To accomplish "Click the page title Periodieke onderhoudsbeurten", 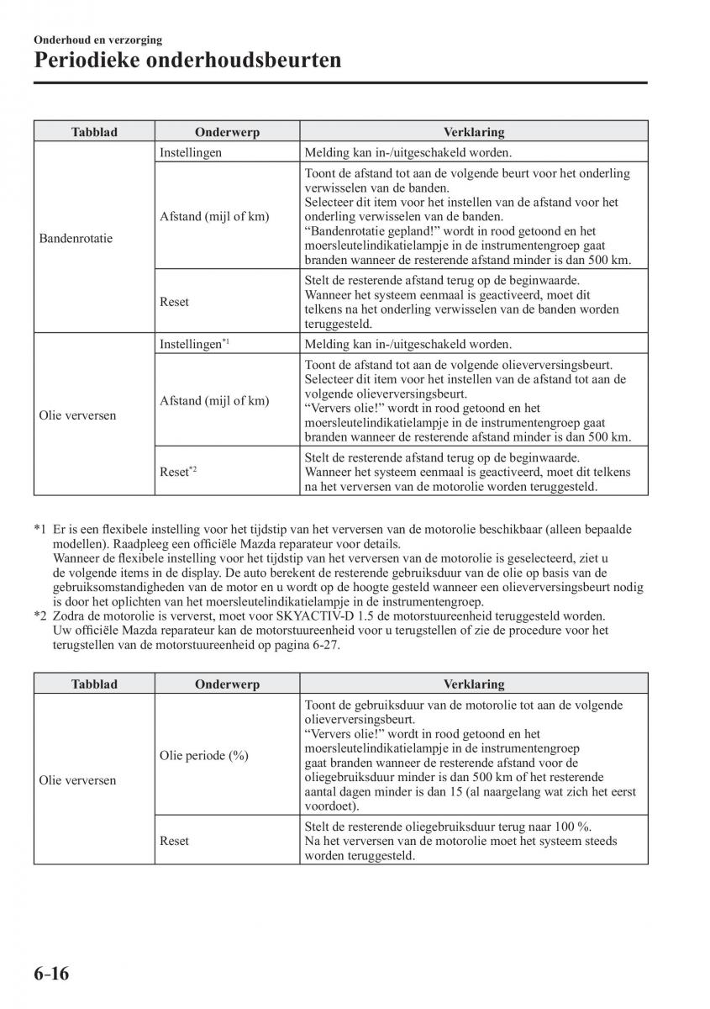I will click(x=187, y=61).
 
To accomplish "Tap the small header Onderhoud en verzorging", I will click(x=98, y=40).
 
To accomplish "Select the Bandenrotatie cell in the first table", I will click(x=76, y=238).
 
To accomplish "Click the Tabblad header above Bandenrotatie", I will click(x=94, y=132).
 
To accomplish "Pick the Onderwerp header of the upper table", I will click(x=227, y=132).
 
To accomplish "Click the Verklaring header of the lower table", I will click(x=474, y=684).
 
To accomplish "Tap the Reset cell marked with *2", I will click(x=178, y=471).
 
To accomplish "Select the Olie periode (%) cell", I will click(x=204, y=755).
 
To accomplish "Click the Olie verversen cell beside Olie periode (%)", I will click(x=77, y=780).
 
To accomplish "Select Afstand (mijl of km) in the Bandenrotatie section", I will click(x=214, y=216).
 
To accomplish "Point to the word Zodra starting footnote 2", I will click(x=70, y=615).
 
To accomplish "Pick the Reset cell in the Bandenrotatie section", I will click(x=174, y=302).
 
